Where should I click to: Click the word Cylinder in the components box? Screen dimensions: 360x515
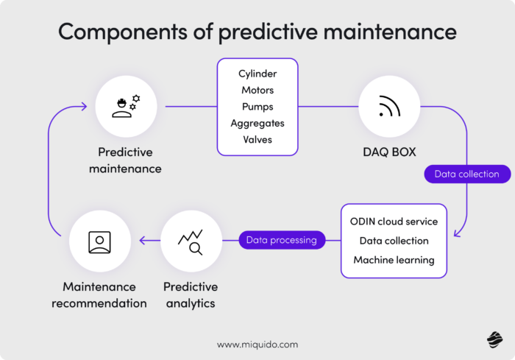click(x=257, y=74)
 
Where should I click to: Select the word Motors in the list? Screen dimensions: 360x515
click(x=257, y=91)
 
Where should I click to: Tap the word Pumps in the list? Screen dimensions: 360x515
click(x=257, y=107)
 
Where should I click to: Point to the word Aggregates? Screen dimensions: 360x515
click(x=257, y=123)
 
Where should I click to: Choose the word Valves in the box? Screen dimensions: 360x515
click(x=257, y=140)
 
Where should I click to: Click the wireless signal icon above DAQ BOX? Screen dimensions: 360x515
click(x=389, y=107)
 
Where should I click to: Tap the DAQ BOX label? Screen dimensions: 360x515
click(x=389, y=152)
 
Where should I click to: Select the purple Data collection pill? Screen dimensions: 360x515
click(x=466, y=174)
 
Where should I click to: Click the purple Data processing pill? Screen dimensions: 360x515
click(x=281, y=240)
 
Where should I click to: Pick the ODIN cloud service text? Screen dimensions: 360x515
click(x=394, y=222)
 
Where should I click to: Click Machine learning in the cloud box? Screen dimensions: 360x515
click(x=394, y=260)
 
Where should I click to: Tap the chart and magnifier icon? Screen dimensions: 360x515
click(x=190, y=241)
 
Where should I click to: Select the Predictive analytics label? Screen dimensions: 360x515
click(x=190, y=294)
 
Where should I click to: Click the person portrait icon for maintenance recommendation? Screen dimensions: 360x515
click(x=99, y=241)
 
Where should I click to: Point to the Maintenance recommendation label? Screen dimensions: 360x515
click(x=99, y=294)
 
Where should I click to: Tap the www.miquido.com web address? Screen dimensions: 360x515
click(x=257, y=344)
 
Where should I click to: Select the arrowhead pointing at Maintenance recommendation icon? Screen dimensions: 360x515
click(x=143, y=240)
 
